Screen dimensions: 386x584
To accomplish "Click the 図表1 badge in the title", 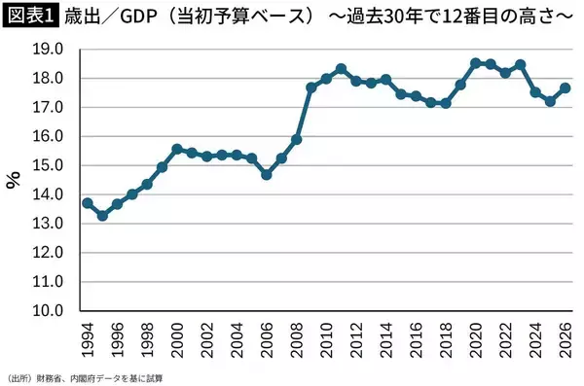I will (x=29, y=17).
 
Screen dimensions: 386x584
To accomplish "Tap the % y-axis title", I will (x=14, y=179).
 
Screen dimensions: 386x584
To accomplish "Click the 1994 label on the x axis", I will (x=88, y=339).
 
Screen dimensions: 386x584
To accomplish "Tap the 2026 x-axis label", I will (x=565, y=339).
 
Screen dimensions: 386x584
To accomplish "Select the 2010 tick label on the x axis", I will (x=326, y=339).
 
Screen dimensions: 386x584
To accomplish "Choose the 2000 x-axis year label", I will (x=177, y=339).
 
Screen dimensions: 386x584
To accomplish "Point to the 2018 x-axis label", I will (x=446, y=339).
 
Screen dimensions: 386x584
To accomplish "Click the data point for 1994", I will (x=88, y=202).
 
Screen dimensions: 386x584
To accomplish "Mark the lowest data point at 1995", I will (x=102, y=215).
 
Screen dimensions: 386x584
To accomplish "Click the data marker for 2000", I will (x=177, y=149).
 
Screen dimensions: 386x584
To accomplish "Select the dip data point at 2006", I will (x=267, y=174).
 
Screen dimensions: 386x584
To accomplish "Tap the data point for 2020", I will (x=475, y=63).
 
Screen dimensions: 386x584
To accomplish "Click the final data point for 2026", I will (x=565, y=88).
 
